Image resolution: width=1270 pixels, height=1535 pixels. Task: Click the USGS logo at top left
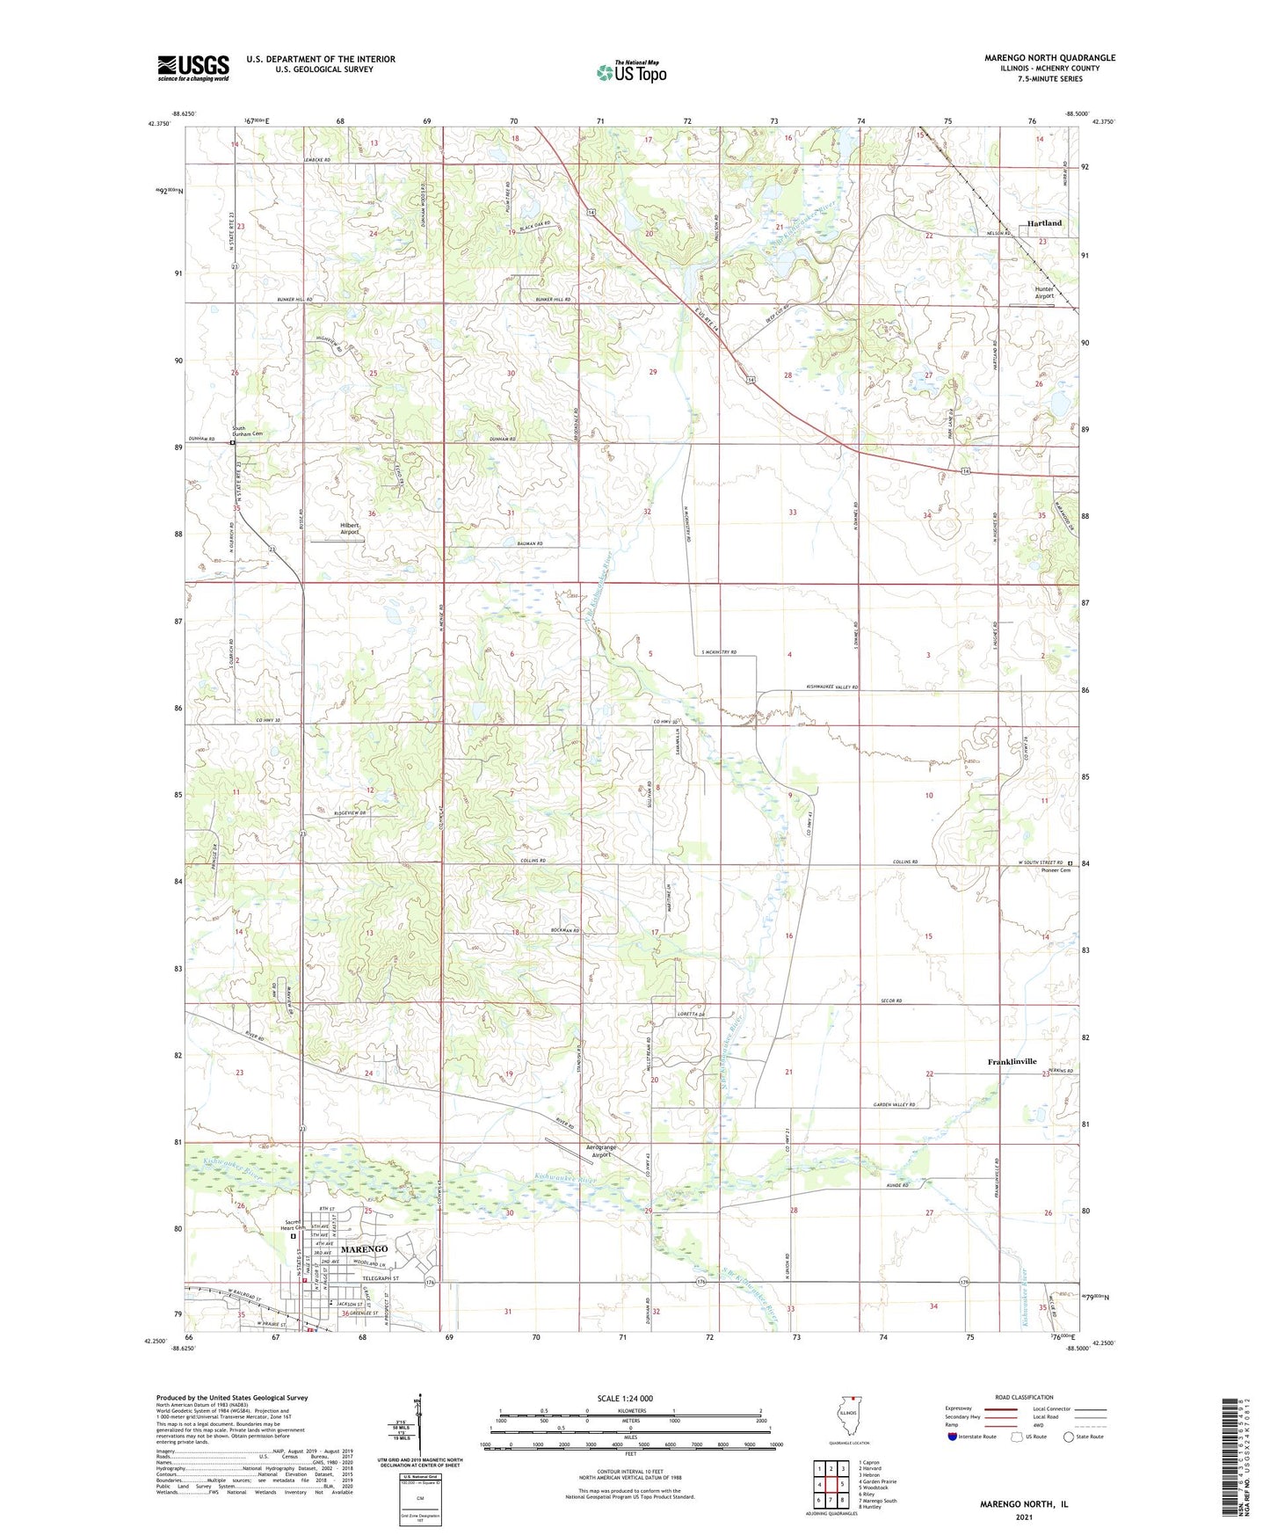click(192, 67)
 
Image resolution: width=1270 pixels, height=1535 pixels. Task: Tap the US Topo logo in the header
click(630, 72)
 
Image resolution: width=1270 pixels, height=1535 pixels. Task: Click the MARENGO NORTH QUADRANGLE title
click(1049, 58)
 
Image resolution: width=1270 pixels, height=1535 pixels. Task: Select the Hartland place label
click(1044, 223)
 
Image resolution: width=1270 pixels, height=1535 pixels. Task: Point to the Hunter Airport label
click(1043, 293)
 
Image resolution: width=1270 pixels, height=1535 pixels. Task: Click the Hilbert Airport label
click(350, 528)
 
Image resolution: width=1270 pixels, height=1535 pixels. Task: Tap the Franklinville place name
click(1012, 1061)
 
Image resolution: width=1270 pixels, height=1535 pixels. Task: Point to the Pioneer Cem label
click(1056, 871)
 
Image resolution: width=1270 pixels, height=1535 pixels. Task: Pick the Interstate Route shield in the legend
click(953, 1437)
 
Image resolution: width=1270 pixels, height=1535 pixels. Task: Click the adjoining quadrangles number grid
click(831, 1487)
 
